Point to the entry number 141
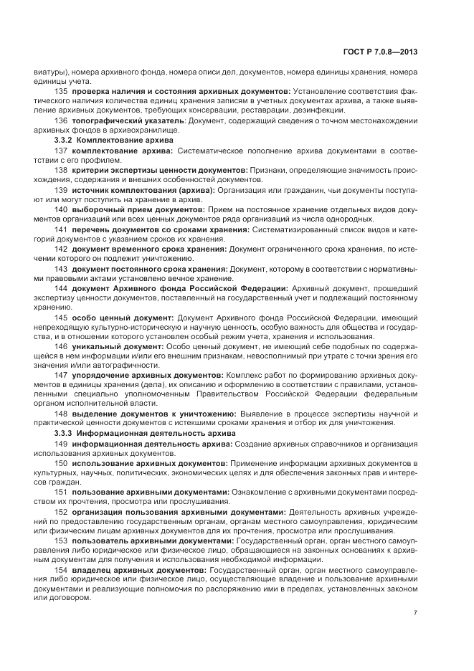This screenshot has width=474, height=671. [x=61, y=229]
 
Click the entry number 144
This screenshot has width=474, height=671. [x=61, y=287]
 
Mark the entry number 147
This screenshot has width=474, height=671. [x=61, y=375]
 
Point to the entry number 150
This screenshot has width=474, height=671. [x=61, y=463]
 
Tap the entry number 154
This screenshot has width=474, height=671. [x=61, y=571]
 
